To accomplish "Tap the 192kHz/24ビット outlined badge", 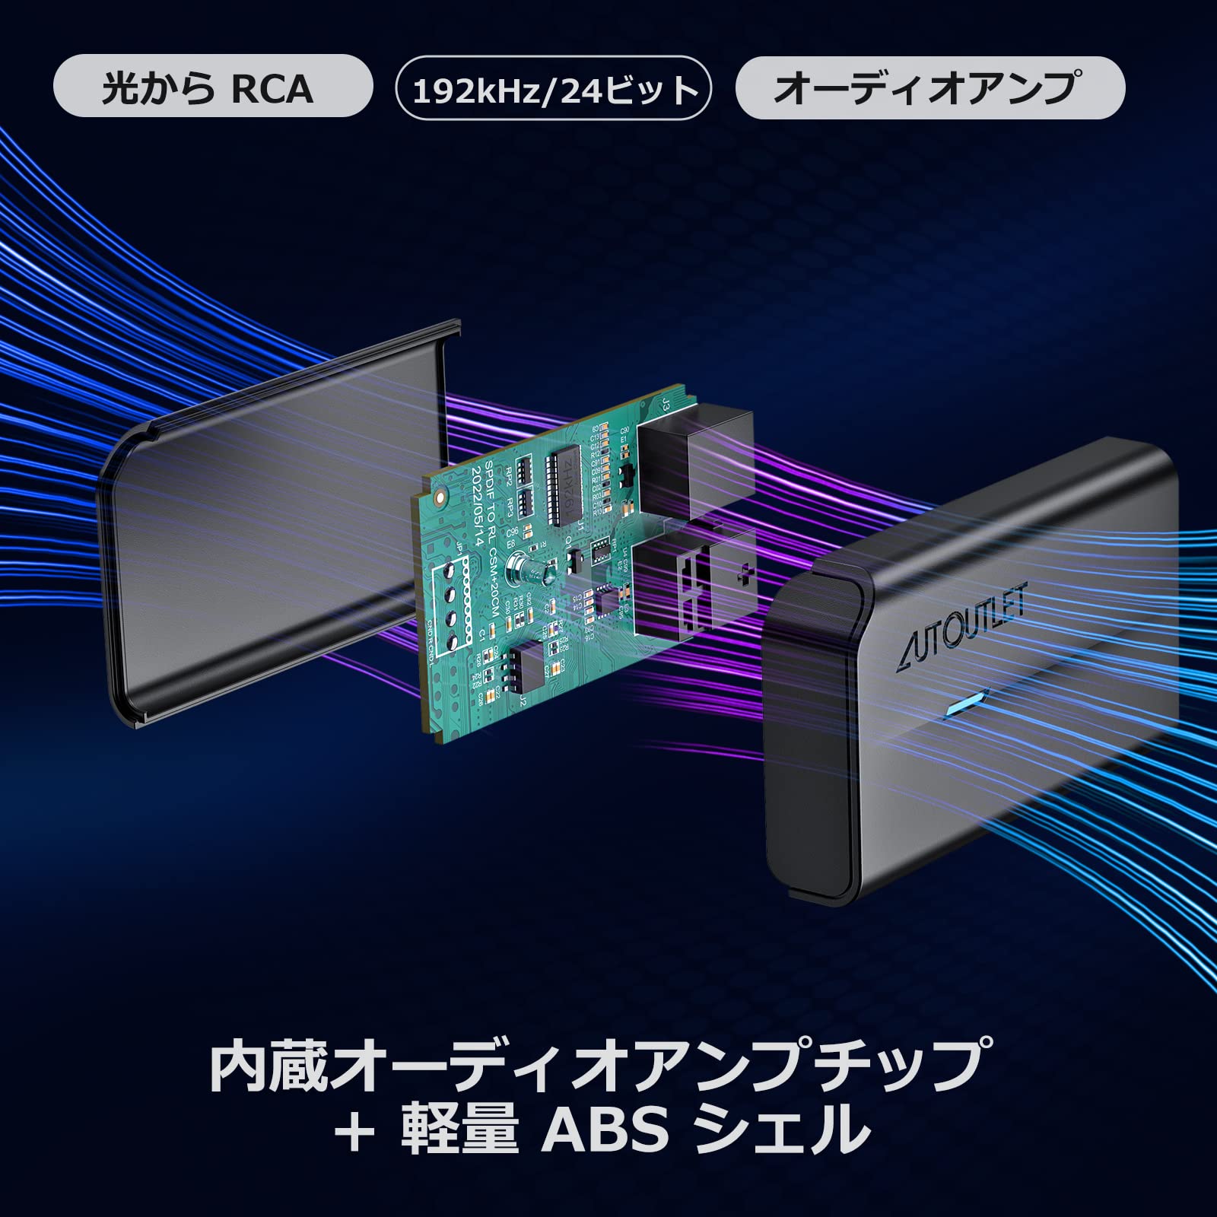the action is tap(554, 88).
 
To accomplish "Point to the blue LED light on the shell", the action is tap(964, 703).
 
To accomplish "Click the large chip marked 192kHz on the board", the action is tap(567, 486).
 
